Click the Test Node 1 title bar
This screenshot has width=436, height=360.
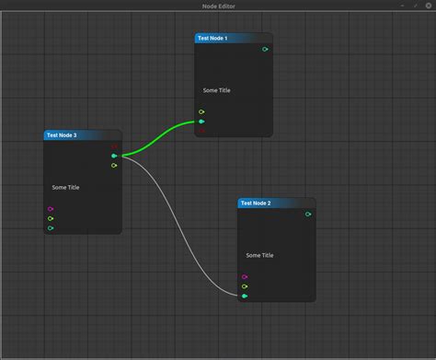coord(233,39)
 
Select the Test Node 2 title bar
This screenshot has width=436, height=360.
coord(276,203)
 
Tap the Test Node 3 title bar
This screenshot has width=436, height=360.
coord(82,135)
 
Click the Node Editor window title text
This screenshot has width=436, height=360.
coord(218,6)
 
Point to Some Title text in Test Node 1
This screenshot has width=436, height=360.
coord(217,90)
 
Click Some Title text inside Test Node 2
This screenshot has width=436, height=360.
coord(259,255)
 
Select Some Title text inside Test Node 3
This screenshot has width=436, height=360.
coord(65,188)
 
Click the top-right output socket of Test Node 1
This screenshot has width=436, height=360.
coord(265,49)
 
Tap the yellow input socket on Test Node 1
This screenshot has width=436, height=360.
coord(201,112)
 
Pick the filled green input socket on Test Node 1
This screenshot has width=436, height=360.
coord(201,121)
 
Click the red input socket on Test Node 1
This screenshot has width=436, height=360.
coord(201,130)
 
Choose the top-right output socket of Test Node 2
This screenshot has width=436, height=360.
coord(308,215)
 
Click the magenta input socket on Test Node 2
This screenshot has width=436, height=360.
coord(245,276)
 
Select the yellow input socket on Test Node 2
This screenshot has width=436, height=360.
coord(245,286)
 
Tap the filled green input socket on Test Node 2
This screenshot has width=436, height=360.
coord(245,296)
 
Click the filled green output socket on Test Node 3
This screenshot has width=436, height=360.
coord(114,156)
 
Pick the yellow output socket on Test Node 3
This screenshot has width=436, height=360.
coord(114,166)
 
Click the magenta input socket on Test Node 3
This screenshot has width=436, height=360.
coord(51,209)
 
